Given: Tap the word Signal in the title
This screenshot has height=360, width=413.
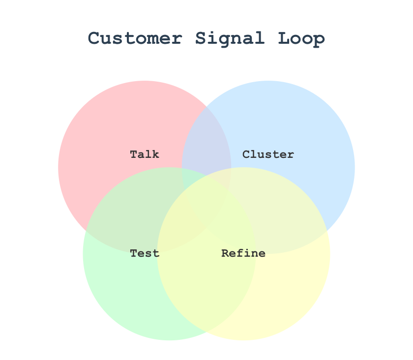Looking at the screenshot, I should [x=221, y=38].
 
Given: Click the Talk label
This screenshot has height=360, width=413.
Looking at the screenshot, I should [x=145, y=154].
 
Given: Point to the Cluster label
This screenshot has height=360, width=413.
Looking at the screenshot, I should [x=268, y=154].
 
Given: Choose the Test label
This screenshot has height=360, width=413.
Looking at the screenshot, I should [x=145, y=253].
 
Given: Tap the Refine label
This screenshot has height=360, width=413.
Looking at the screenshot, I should [x=243, y=253].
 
